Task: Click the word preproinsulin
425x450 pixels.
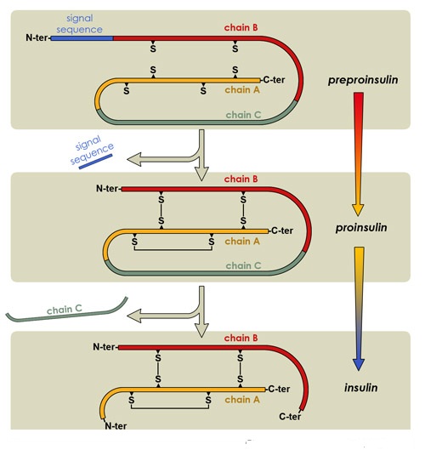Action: [363, 80]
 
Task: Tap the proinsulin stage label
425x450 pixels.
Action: [361, 228]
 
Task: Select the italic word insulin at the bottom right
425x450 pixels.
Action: [361, 388]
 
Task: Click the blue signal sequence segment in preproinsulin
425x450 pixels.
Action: [82, 38]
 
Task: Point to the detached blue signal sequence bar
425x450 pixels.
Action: [95, 162]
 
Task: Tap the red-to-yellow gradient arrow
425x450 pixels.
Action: [358, 154]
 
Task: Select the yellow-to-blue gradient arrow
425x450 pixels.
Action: [359, 309]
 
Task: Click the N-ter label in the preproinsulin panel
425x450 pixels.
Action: [37, 37]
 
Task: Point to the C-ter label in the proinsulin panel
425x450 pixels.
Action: [282, 231]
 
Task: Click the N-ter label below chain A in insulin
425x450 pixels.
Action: [116, 426]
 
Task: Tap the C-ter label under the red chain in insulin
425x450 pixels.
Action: [290, 416]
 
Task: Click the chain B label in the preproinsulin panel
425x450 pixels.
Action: [241, 27]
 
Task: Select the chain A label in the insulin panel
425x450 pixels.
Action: [242, 400]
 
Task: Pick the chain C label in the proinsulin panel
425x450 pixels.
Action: [243, 265]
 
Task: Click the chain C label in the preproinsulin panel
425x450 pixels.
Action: [243, 115]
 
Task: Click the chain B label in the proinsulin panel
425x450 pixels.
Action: [241, 179]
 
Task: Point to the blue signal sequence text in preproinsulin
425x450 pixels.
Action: [79, 24]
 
